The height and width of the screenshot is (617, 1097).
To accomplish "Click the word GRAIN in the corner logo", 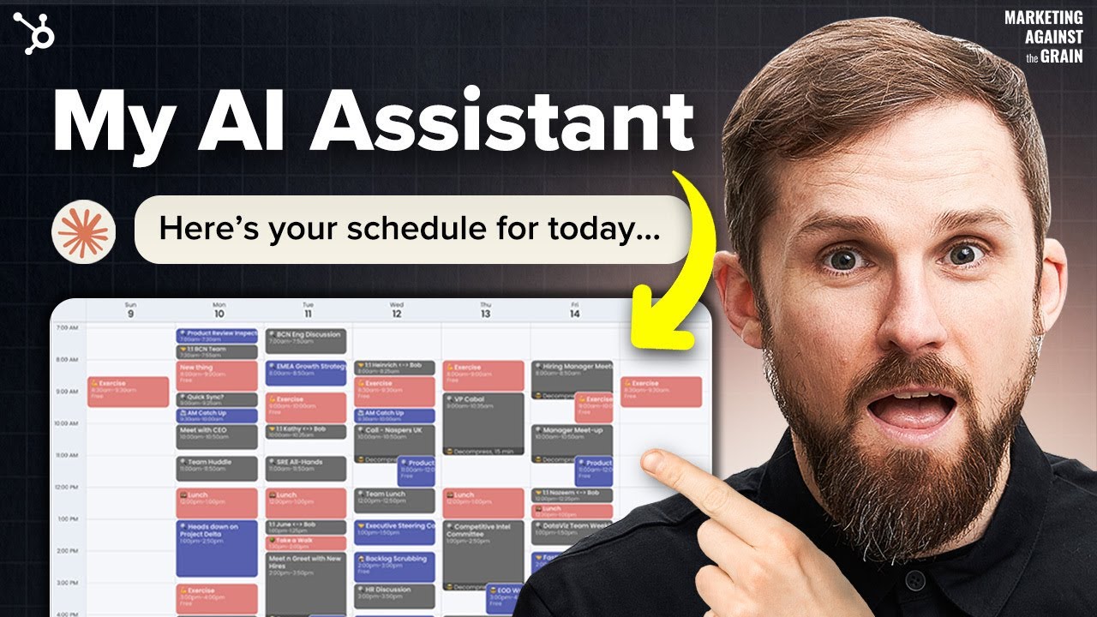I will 1061,57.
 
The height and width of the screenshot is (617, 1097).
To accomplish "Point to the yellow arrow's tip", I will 641,336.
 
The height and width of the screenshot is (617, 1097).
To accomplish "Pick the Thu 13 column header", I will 485,308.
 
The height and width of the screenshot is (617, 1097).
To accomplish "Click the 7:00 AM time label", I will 67,328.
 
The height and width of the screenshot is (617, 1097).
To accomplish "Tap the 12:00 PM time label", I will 67,488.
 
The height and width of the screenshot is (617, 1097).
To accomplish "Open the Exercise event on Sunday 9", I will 128,392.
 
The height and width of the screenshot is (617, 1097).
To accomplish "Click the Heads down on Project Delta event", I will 217,548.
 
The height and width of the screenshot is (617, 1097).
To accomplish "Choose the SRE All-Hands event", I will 306,468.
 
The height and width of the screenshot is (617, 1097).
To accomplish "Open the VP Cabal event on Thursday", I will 483,420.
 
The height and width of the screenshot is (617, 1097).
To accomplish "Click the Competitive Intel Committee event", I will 483,548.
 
